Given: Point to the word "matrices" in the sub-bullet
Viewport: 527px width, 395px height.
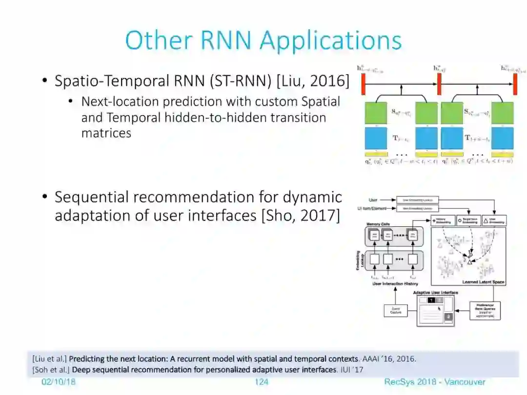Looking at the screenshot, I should (106, 133).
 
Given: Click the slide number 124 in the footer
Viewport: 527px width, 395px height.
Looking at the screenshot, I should (262, 382).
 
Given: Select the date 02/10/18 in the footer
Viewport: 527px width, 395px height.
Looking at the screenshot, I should (59, 382).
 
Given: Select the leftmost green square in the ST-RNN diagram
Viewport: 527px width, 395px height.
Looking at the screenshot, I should (376, 113).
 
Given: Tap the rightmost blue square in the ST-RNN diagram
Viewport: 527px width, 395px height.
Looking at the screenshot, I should (503, 138).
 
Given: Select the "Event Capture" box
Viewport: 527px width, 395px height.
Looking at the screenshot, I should (396, 310).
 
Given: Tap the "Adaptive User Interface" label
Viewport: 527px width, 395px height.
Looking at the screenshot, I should (435, 293).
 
